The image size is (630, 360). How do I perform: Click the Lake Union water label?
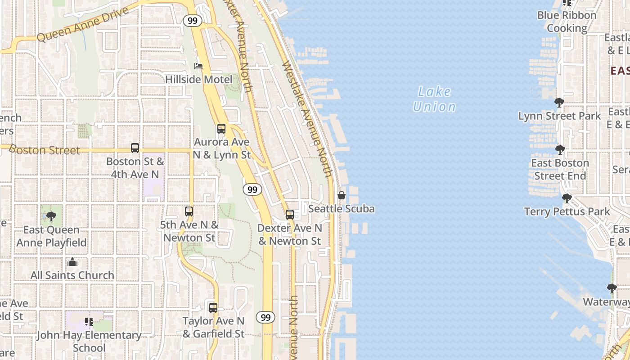tap(434, 99)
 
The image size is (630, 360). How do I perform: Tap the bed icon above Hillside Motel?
tap(198, 66)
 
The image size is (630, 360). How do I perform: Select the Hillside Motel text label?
tap(198, 80)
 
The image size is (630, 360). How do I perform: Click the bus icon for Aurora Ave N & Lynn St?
tap(221, 129)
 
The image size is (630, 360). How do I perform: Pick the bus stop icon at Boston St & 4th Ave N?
tap(135, 148)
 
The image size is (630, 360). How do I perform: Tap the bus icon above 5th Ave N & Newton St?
tap(189, 211)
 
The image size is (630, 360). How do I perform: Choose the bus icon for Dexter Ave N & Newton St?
tap(290, 215)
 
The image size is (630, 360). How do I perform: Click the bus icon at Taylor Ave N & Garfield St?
tap(213, 308)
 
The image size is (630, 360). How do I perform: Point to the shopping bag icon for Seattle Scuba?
tap(342, 196)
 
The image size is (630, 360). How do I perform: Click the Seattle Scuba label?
tap(342, 209)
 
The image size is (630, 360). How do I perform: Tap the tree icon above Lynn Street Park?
tap(559, 103)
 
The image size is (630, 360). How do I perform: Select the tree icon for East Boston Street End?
tap(560, 149)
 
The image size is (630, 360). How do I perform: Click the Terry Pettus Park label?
tap(567, 211)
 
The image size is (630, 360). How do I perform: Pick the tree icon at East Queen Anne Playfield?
tap(51, 216)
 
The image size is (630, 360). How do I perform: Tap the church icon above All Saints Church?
tap(72, 262)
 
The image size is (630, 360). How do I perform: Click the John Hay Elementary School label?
tap(89, 341)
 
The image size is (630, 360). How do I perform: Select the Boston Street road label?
tap(44, 149)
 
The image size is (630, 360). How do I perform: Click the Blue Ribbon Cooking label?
tap(567, 22)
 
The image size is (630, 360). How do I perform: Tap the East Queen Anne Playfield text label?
tap(51, 236)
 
